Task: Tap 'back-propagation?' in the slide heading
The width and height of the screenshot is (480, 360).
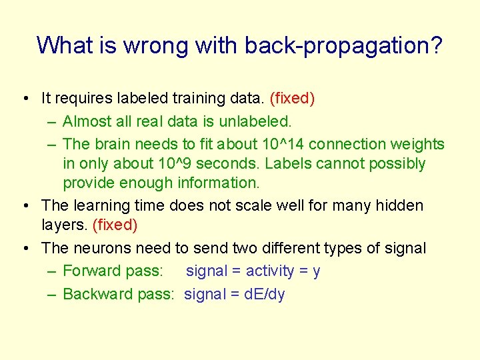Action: click(343, 46)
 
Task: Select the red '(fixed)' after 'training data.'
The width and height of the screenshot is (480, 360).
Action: click(292, 99)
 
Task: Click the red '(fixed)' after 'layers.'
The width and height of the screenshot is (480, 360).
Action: click(115, 225)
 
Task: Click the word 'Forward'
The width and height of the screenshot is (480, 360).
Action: click(91, 271)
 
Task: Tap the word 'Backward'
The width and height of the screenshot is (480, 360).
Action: click(96, 294)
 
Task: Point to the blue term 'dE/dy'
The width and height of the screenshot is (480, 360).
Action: click(264, 294)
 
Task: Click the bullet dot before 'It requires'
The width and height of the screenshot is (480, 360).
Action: click(24, 99)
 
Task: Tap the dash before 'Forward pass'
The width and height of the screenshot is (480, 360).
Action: click(51, 271)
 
